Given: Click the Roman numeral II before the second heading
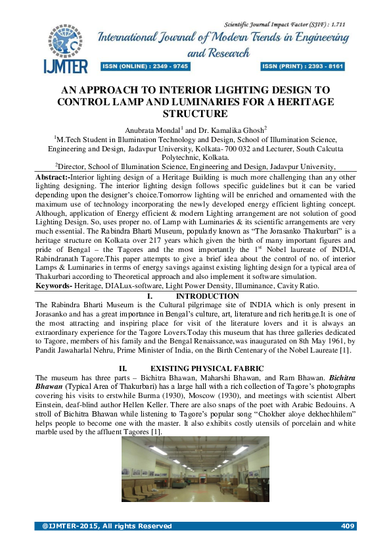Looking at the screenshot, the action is pyautogui.click(x=121, y=368).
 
